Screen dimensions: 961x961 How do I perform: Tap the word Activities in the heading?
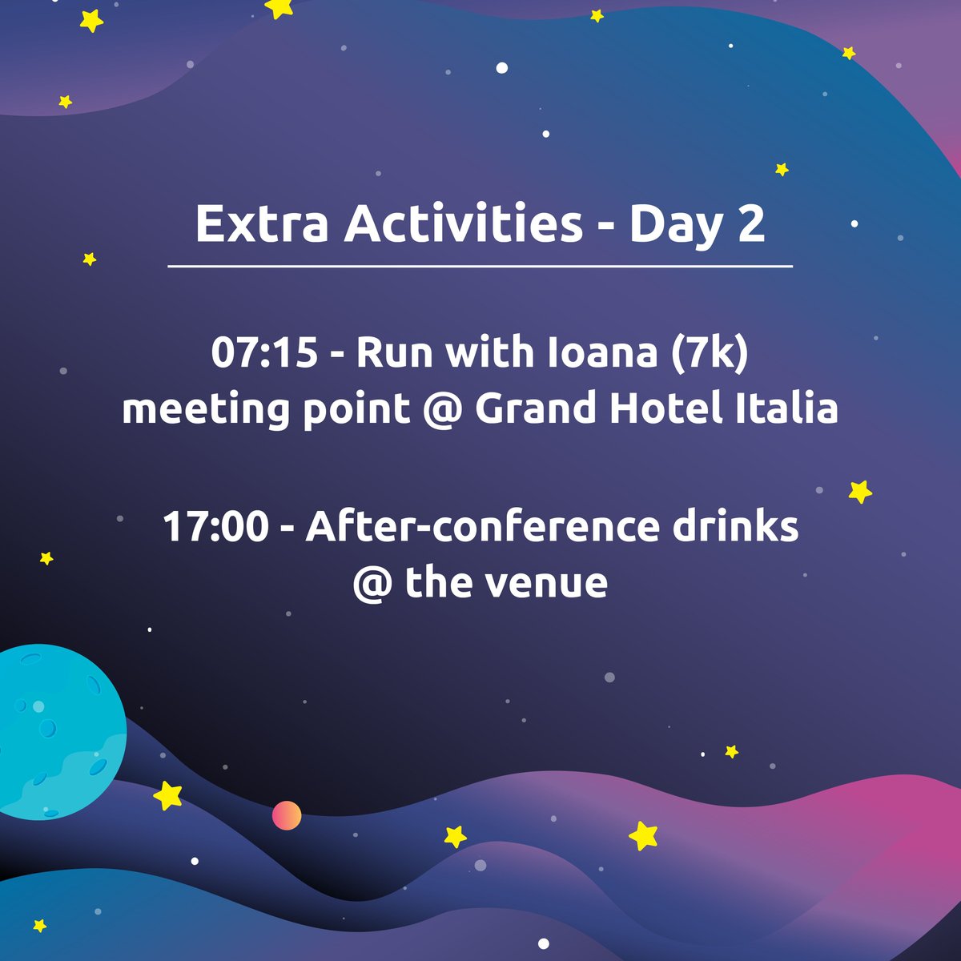click(464, 224)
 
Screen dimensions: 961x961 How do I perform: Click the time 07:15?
click(265, 353)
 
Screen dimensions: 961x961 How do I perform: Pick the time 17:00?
click(215, 527)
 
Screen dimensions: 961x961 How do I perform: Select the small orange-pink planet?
click(287, 815)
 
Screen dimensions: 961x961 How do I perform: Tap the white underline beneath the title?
click(480, 265)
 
